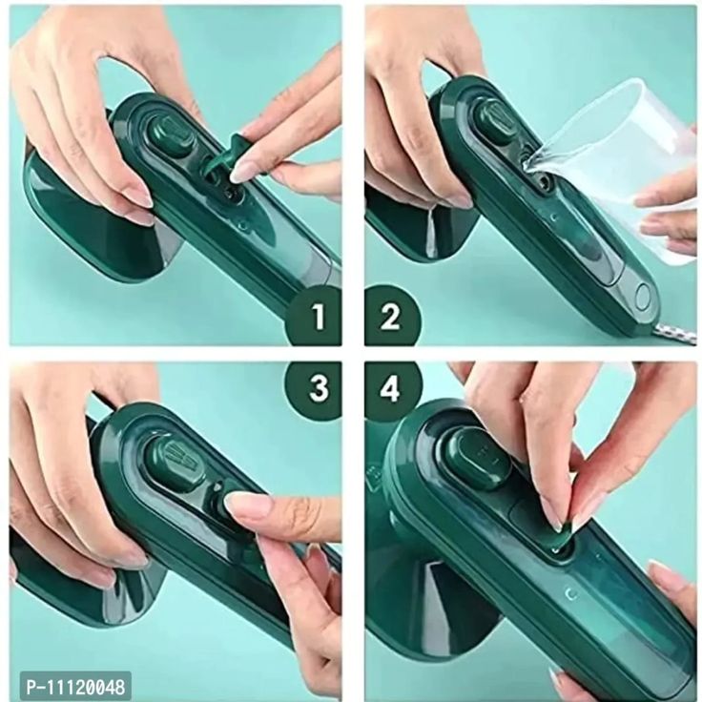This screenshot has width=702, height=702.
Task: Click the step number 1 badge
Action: [317, 316]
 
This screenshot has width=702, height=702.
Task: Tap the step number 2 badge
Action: [390, 316]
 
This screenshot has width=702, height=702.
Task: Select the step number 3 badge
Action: [317, 387]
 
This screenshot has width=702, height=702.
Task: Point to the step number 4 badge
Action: [390, 387]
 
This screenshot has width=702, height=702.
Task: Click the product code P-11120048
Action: [75, 687]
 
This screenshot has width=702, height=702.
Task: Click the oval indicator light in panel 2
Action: [644, 296]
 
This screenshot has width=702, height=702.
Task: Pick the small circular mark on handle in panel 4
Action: [571, 594]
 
